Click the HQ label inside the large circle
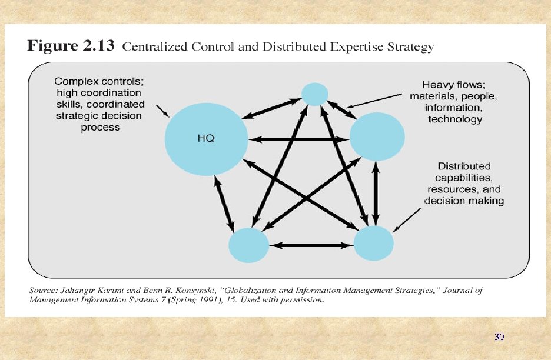coord(205,139)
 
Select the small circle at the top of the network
coord(315,94)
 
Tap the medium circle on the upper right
coord(377,136)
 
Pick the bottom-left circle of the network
coord(248,244)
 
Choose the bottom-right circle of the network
coord(373,242)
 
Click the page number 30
coord(499,337)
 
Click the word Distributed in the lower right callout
coord(464,166)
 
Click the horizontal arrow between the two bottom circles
coord(311,244)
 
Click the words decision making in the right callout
coord(464,201)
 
